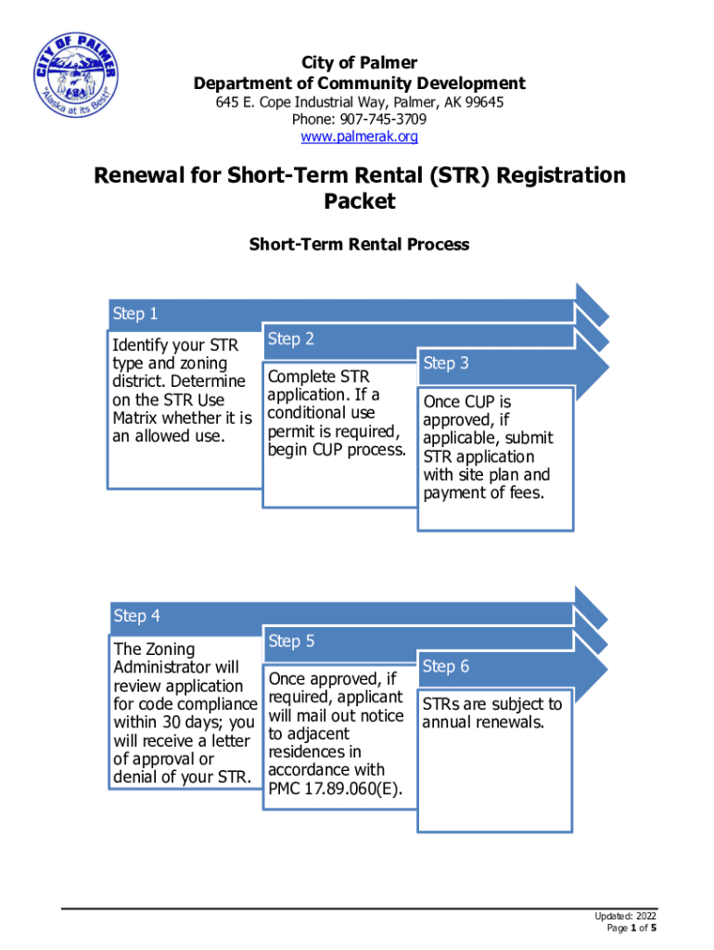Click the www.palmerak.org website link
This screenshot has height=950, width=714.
coord(359,136)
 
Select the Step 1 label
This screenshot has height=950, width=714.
coord(135,314)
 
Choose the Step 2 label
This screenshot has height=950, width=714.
coord(291,339)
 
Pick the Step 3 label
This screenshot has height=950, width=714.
coord(446,364)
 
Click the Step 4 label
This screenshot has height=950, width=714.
coord(136,616)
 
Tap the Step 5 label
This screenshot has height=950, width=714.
coord(291,641)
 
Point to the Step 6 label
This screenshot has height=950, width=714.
coord(446,666)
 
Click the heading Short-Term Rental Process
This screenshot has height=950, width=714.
coord(359,245)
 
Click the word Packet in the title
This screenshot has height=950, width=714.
coord(360,201)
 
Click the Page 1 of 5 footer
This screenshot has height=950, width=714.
coord(632,928)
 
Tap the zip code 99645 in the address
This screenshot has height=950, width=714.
coord(483,103)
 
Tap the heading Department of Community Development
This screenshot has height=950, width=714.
coord(359,83)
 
